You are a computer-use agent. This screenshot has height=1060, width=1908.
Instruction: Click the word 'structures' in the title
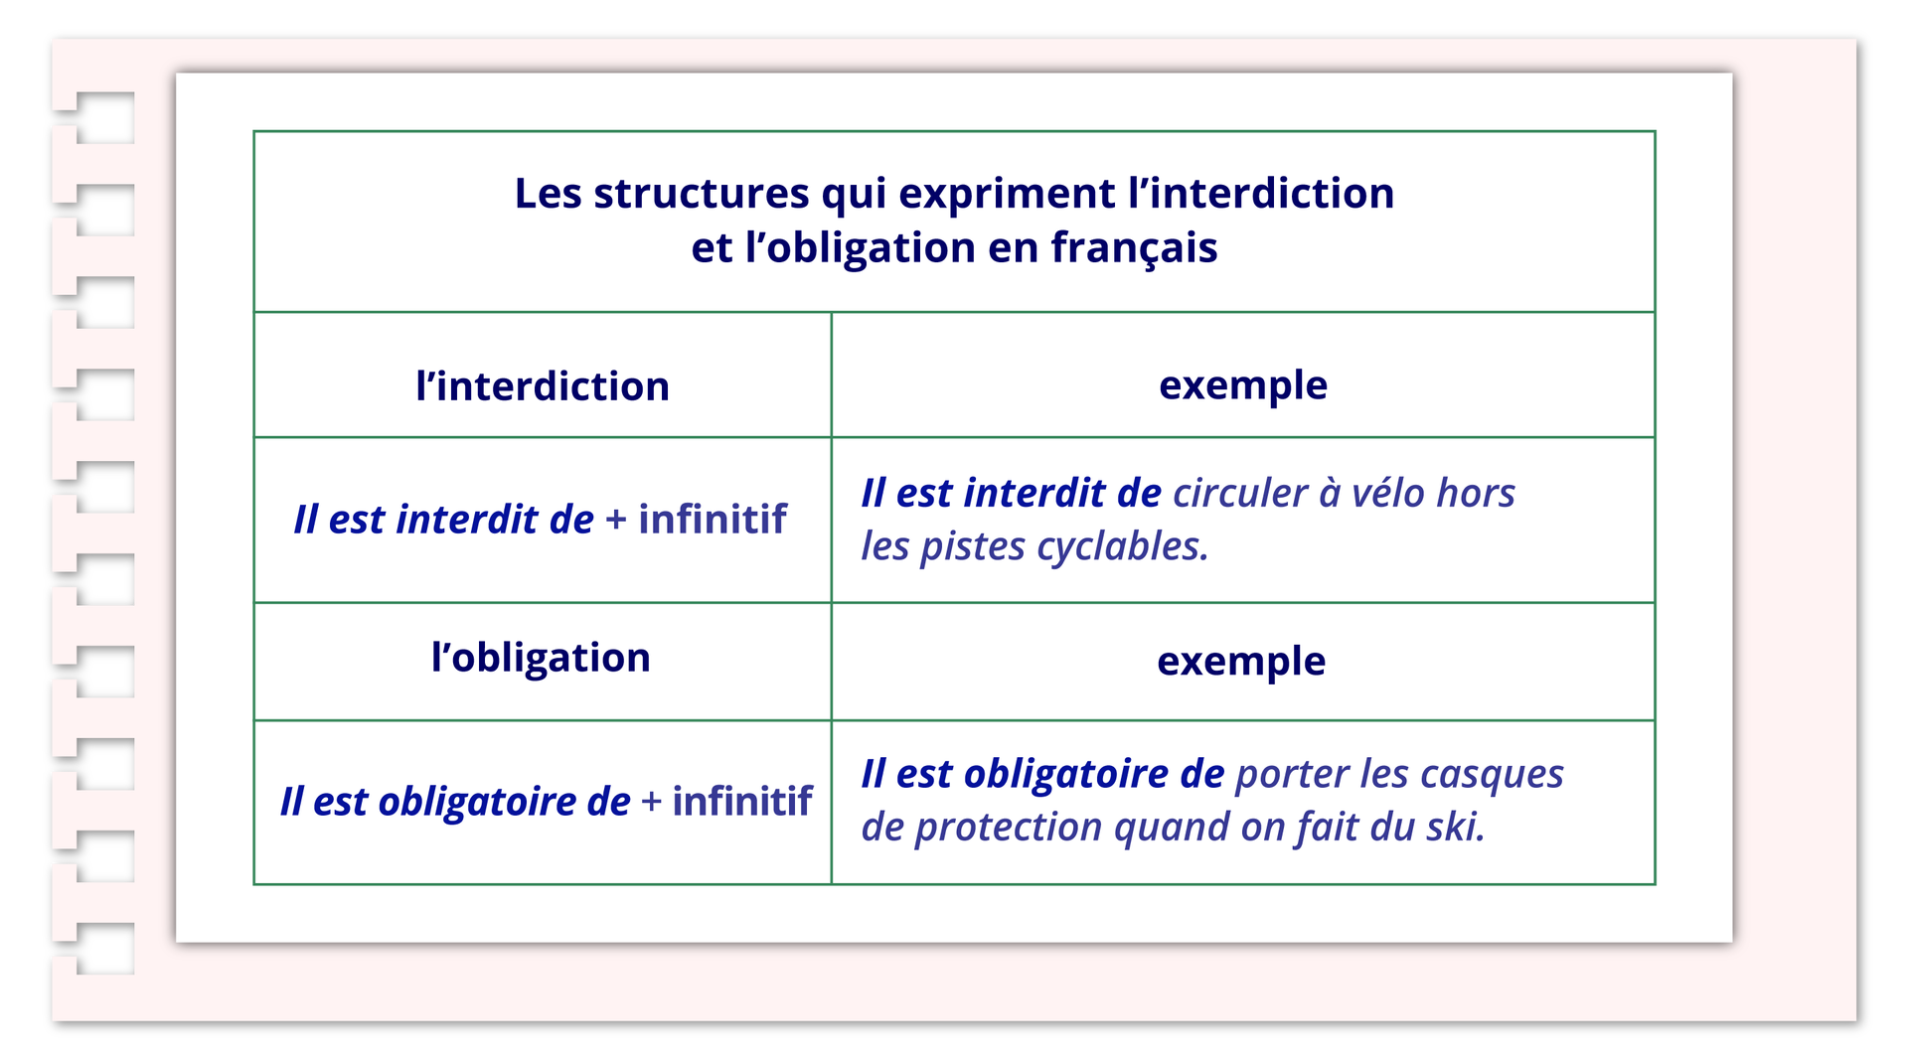[702, 193]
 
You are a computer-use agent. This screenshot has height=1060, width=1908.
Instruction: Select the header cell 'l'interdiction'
[543, 385]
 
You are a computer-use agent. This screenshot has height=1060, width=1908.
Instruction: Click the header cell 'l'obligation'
[541, 659]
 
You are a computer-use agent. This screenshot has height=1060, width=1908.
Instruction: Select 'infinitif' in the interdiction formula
[713, 519]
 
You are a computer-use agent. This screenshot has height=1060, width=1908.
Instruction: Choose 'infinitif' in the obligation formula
[742, 801]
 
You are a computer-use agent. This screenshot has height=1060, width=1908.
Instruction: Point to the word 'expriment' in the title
[1007, 195]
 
